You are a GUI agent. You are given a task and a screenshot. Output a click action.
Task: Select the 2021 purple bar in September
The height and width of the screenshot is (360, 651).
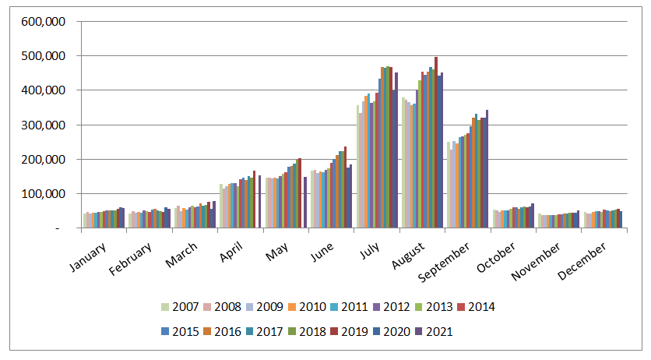(487, 169)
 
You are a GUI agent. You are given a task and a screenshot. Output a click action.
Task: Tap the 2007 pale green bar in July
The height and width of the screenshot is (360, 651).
(357, 167)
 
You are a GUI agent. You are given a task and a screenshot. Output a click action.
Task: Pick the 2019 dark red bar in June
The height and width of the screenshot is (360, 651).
(345, 187)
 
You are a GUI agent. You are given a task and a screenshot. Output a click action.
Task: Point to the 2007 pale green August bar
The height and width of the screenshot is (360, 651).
(403, 163)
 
